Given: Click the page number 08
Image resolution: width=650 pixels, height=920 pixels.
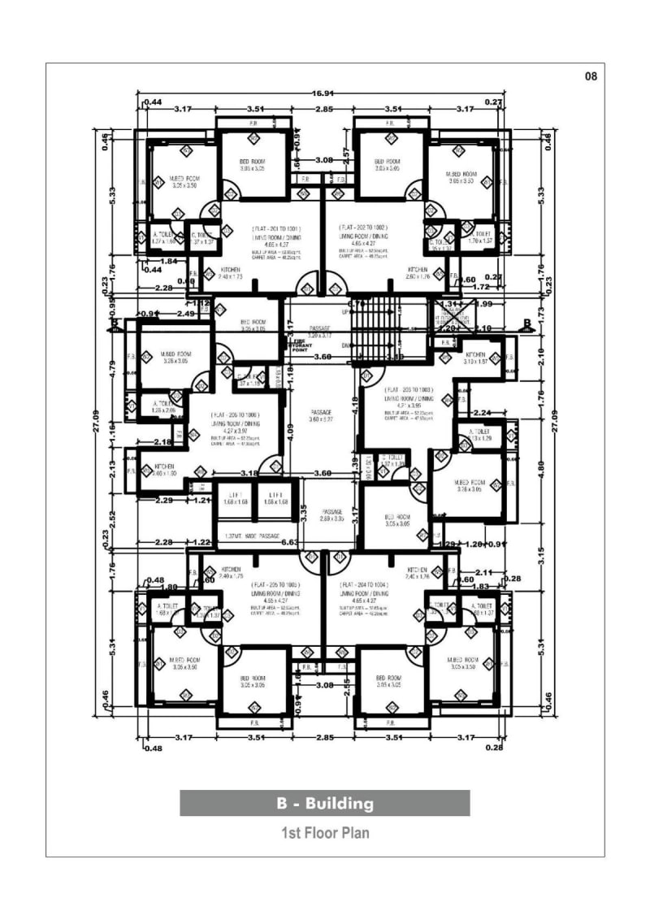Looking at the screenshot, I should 591,76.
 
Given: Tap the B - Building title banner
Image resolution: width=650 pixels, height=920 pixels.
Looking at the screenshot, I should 325,804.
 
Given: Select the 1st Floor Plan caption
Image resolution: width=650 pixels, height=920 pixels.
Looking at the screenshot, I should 325,833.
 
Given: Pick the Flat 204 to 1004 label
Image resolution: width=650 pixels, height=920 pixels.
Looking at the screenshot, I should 364,584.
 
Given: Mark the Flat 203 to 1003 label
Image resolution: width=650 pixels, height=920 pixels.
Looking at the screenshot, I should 410,390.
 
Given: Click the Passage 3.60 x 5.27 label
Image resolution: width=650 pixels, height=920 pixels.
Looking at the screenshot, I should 321,415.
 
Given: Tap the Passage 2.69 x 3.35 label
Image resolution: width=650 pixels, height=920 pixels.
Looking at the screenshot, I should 331,514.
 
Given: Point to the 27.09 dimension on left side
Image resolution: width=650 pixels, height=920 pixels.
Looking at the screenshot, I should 97,423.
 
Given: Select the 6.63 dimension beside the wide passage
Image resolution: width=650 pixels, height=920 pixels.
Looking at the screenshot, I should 288,542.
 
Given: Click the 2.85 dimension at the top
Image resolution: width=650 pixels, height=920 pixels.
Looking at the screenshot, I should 324,109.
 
